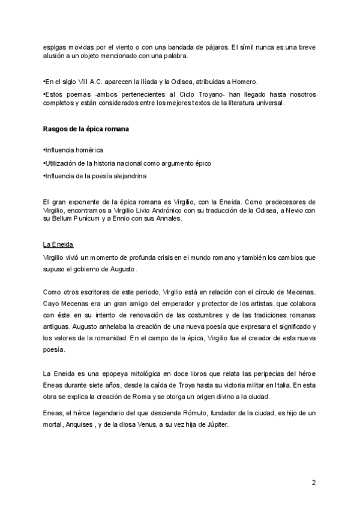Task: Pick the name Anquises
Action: pyautogui.click(x=86, y=423)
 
